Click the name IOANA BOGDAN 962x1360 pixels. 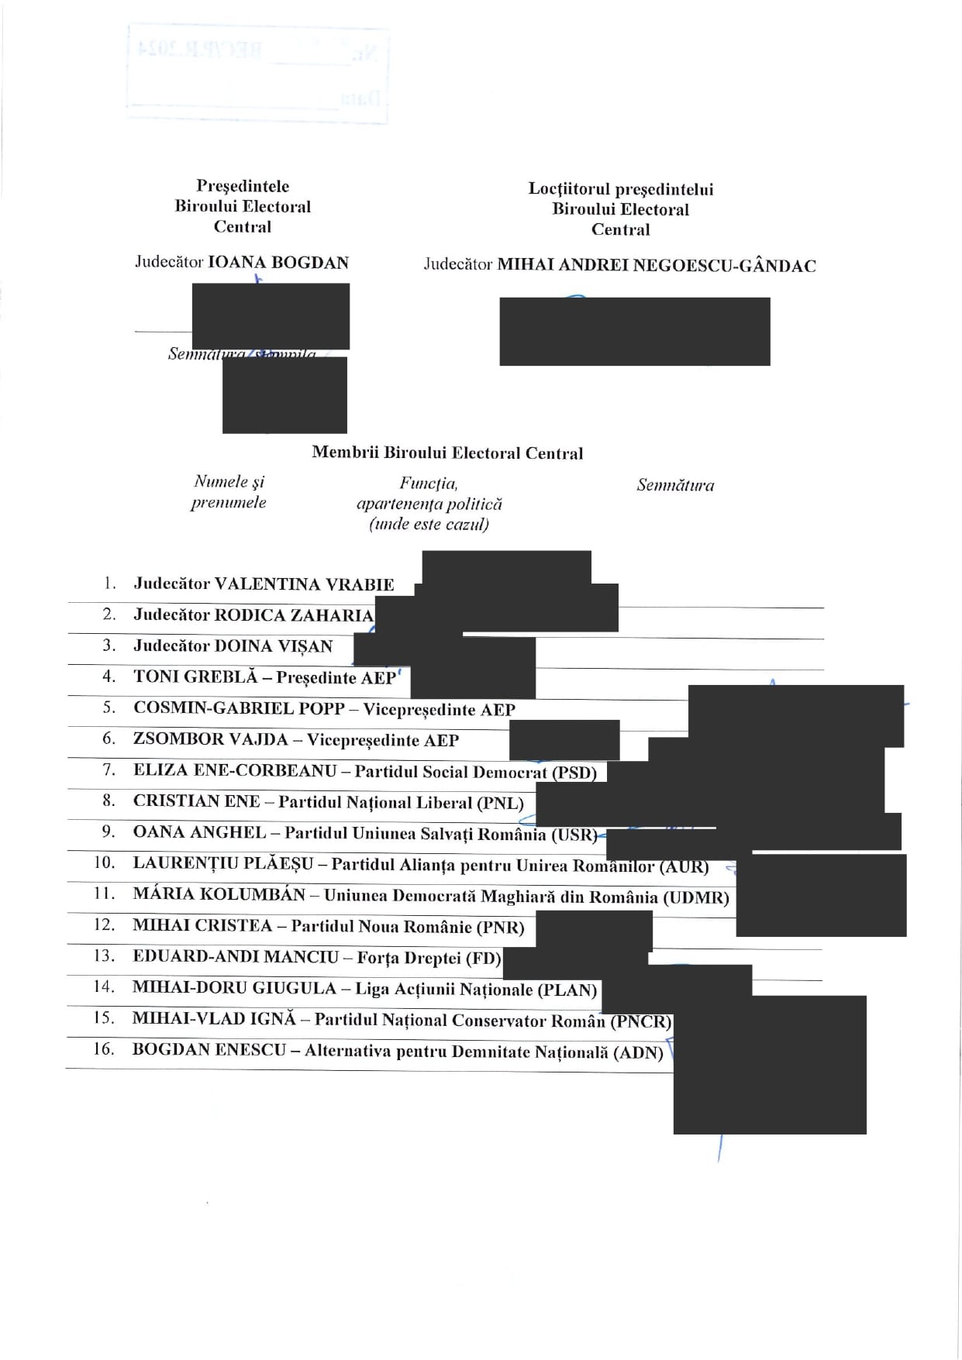pyautogui.click(x=278, y=262)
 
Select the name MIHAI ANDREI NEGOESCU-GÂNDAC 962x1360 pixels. pyautogui.click(x=656, y=265)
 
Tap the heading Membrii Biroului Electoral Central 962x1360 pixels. pyautogui.click(x=447, y=453)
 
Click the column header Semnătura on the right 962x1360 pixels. pyautogui.click(x=675, y=485)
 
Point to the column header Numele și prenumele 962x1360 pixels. pyautogui.click(x=229, y=491)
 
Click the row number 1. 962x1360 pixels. pyautogui.click(x=110, y=583)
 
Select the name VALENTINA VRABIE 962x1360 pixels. pyautogui.click(x=304, y=584)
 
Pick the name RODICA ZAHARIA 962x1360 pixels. pyautogui.click(x=294, y=615)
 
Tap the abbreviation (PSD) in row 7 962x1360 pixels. pyautogui.click(x=574, y=772)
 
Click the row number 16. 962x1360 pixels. pyautogui.click(x=104, y=1048)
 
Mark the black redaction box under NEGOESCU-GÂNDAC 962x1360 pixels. pyautogui.click(x=634, y=331)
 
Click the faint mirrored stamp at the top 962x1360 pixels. pyautogui.click(x=257, y=74)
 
